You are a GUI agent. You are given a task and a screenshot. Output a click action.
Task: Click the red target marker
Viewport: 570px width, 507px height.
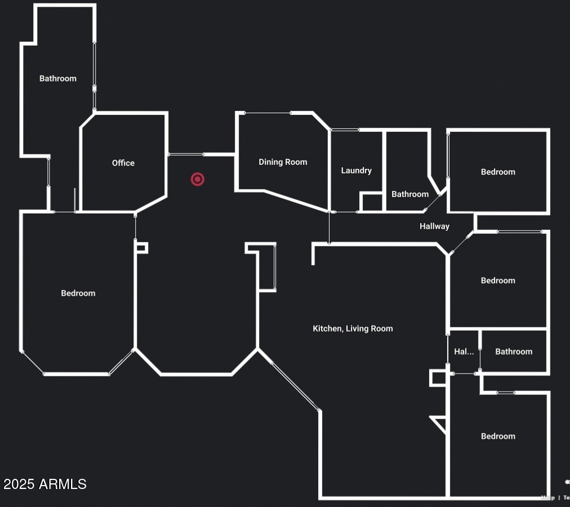197,179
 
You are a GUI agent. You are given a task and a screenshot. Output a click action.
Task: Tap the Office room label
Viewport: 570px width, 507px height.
123,163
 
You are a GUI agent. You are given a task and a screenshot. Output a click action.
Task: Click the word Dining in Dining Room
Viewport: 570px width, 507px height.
270,162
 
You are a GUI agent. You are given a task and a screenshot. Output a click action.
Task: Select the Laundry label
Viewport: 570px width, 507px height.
357,170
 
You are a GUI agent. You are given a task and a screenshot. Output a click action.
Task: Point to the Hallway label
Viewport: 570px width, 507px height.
434,226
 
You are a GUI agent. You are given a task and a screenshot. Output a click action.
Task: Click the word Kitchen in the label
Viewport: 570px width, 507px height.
327,328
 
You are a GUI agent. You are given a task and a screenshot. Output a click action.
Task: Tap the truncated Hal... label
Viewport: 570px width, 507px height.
464,352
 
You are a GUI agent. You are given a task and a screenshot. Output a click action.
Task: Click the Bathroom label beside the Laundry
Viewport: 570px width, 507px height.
410,194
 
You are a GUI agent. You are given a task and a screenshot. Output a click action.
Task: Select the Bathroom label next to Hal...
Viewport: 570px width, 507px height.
514,352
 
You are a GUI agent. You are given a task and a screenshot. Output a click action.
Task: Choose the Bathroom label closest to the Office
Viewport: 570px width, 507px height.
58,78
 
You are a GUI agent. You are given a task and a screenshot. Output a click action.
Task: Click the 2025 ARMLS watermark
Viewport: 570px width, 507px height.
45,484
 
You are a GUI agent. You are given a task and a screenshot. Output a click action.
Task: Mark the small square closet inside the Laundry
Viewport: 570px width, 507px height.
372,202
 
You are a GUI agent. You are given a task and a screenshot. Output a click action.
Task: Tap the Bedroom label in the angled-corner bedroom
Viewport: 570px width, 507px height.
78,293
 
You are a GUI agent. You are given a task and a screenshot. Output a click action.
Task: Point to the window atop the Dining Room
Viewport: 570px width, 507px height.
268,113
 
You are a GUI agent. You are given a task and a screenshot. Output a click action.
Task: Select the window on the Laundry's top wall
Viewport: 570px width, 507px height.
345,130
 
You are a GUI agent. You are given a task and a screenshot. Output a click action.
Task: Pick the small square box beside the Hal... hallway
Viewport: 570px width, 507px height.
438,378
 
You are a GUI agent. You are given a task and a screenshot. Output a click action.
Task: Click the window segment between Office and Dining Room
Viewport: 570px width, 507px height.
186,154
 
